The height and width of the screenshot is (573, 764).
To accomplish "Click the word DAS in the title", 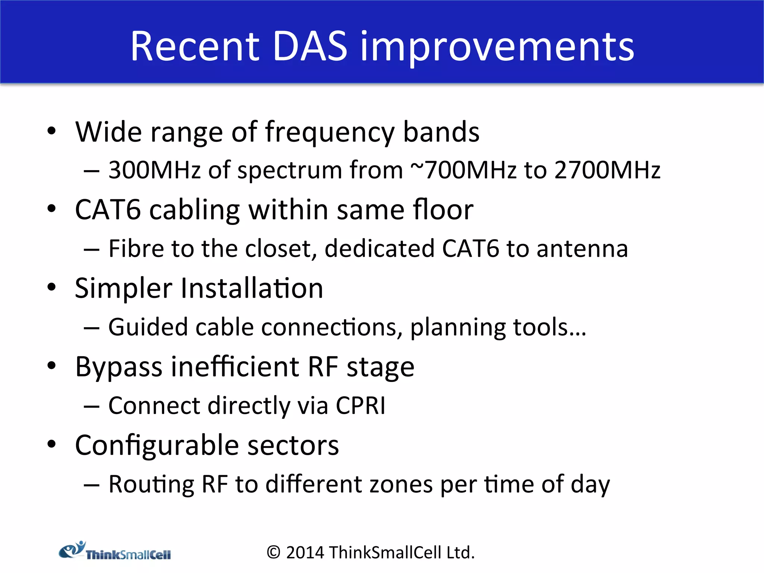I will (310, 46).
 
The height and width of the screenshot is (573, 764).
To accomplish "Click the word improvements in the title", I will (497, 48).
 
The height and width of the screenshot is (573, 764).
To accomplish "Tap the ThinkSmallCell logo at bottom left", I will (115, 551).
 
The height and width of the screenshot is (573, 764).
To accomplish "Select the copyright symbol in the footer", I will (273, 552).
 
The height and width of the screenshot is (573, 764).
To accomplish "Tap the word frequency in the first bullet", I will (330, 133).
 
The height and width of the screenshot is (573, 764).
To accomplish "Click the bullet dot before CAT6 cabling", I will (51, 209).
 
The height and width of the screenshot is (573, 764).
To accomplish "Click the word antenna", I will (582, 249).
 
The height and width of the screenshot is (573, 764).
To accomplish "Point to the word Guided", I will (148, 327).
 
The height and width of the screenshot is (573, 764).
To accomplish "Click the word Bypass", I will (118, 367).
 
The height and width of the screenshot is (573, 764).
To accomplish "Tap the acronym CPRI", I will (360, 406).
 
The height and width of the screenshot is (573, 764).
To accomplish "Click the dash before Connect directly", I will (91, 406).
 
